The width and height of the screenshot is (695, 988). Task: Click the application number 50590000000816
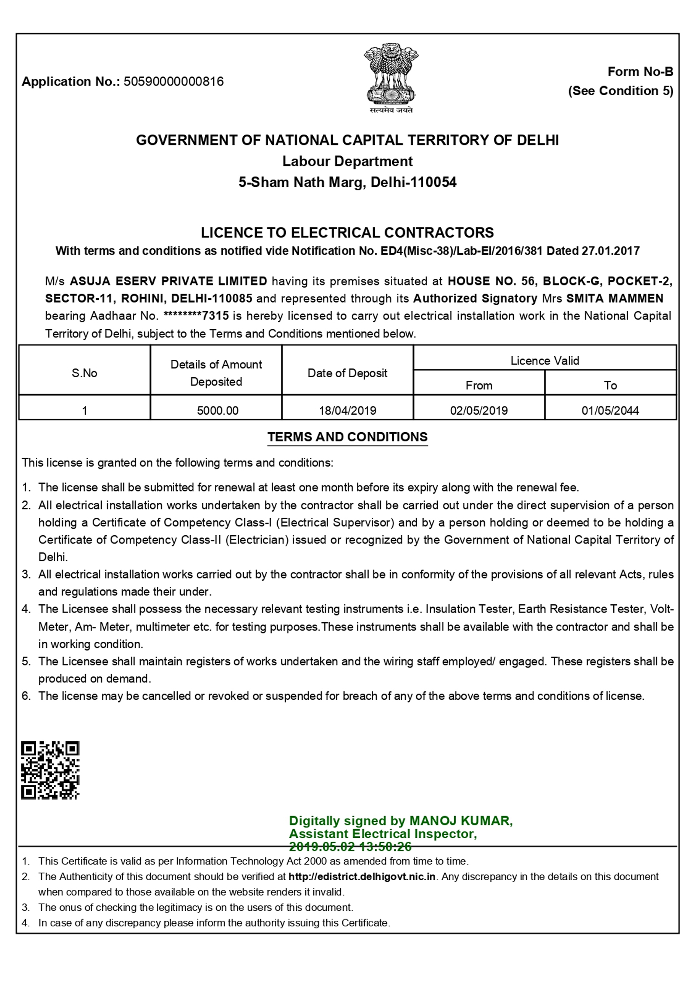point(173,82)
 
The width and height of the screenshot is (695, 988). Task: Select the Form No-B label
point(640,72)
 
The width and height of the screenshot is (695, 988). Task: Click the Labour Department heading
point(347,161)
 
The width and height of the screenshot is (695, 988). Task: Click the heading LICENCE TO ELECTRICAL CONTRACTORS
point(347,232)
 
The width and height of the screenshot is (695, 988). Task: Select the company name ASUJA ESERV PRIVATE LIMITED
point(169,281)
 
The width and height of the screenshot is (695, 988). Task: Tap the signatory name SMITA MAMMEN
point(615,299)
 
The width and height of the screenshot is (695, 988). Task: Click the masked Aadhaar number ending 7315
point(196,316)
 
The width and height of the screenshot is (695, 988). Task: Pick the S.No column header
point(84,373)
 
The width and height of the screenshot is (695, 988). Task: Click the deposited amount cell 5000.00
point(218,410)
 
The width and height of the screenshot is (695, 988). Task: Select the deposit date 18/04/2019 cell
point(347,410)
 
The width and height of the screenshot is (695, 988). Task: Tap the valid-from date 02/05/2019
point(479,410)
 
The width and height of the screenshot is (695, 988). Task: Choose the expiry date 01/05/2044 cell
point(610,410)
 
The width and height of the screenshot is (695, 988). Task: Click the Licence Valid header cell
point(545,361)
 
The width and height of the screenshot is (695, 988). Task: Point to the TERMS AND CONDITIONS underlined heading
point(347,437)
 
